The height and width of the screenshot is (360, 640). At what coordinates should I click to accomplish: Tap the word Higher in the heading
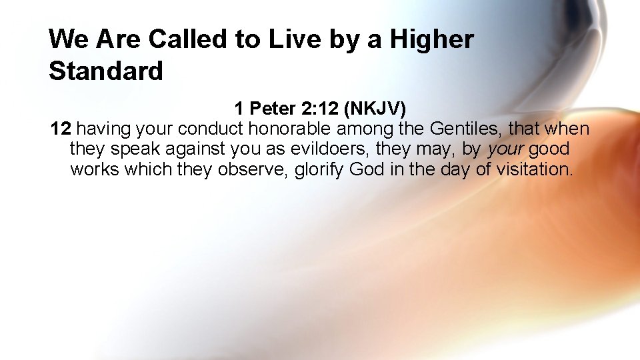coord(432,39)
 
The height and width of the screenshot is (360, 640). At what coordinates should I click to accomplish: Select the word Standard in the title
coord(105,71)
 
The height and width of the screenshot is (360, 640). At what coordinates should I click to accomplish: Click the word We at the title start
coord(69,39)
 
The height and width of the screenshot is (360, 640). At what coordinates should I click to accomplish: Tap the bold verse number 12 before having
coord(61,128)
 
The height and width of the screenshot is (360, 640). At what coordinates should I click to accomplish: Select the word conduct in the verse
coord(213,128)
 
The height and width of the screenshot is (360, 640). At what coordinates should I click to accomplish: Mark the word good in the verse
coord(549,149)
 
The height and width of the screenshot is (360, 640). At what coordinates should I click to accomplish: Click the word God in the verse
coord(367,169)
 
